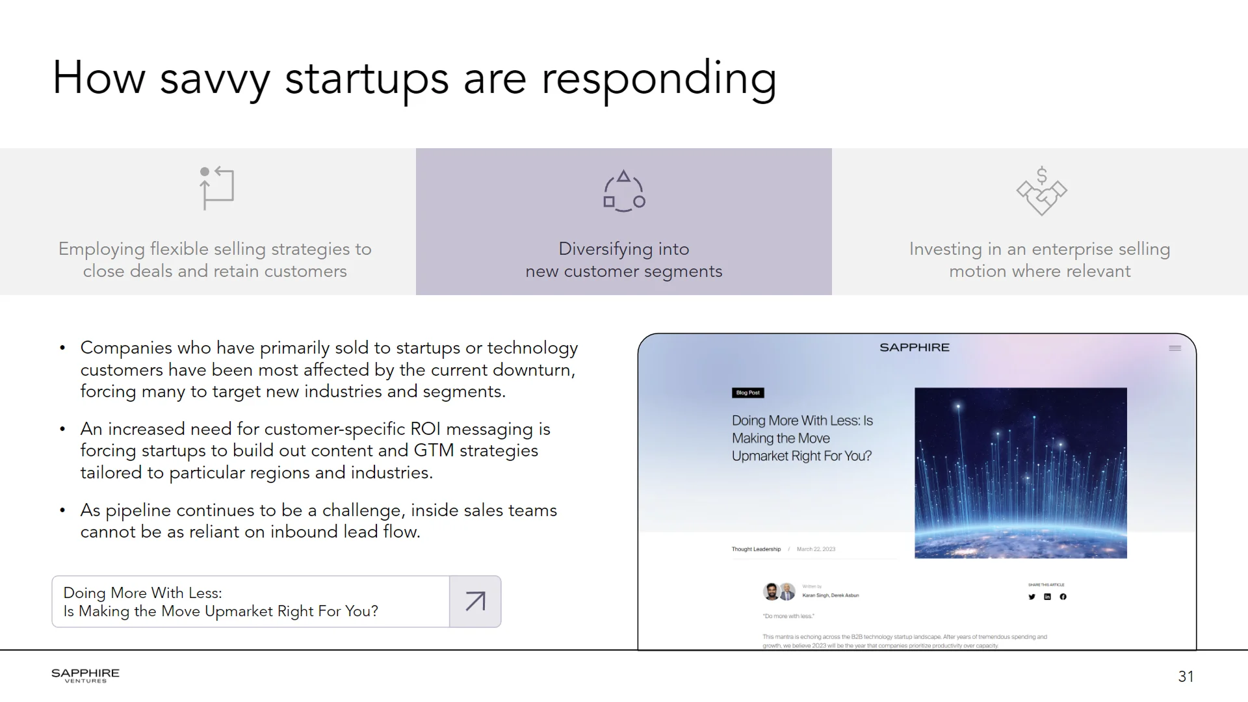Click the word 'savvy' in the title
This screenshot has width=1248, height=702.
[214, 79]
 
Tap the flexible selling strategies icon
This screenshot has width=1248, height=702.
[217, 188]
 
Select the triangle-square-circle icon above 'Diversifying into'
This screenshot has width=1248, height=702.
[624, 191]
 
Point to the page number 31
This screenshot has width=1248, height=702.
[1186, 677]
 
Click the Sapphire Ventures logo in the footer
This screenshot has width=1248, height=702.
[85, 675]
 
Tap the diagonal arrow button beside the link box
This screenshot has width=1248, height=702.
[475, 601]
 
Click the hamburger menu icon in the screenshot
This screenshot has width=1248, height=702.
[1175, 348]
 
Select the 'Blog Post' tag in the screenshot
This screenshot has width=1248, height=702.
[747, 393]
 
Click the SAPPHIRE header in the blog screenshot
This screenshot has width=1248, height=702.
[915, 348]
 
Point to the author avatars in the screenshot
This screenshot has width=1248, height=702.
[779, 591]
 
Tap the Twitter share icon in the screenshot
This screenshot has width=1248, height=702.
[1032, 597]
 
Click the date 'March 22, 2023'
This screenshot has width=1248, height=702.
[816, 549]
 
